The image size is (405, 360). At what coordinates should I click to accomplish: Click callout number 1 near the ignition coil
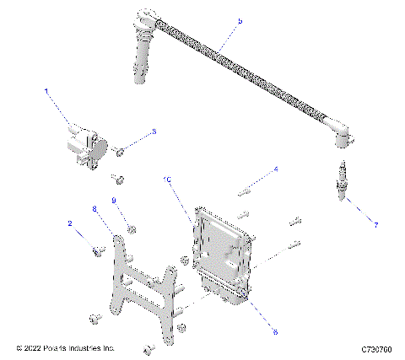(46, 90)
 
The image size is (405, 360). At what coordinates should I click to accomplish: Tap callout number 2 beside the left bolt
(69, 223)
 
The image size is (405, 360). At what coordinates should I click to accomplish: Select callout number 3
(154, 132)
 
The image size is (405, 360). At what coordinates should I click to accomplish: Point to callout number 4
(275, 169)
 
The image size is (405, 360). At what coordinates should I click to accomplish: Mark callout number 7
(376, 223)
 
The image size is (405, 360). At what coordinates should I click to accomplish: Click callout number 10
(168, 180)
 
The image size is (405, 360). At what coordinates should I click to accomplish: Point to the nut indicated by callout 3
(120, 151)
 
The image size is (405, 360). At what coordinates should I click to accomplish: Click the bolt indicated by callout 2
(99, 250)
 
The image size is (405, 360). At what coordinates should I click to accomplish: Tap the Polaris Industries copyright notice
(66, 347)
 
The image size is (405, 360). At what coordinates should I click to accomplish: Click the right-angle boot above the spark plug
(341, 138)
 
